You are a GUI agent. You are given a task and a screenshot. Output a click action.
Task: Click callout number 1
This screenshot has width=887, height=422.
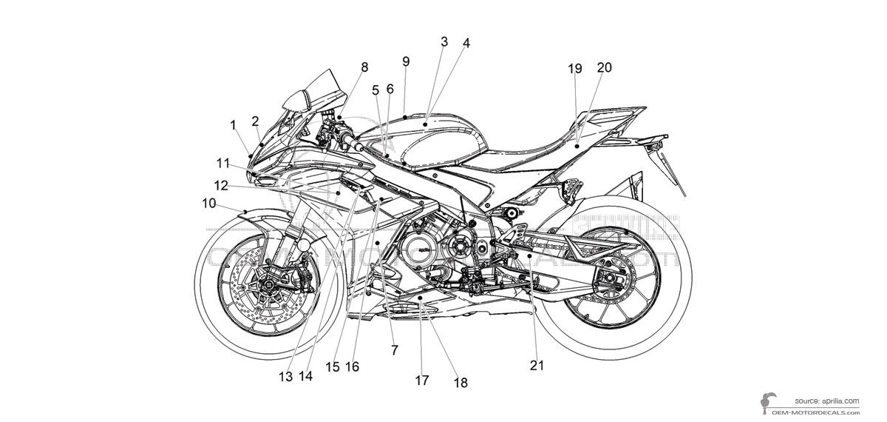tap(233, 125)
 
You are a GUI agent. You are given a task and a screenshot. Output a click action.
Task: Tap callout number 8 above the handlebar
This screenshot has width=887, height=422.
tap(364, 67)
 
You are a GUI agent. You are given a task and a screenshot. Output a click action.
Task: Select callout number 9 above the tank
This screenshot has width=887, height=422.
tap(406, 61)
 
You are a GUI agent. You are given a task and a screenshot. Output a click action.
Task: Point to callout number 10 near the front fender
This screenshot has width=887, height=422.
tap(208, 202)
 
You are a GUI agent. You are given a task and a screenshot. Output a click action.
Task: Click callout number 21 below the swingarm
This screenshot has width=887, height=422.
tap(536, 364)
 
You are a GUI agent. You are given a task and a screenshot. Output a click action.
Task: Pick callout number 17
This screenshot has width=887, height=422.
tap(421, 381)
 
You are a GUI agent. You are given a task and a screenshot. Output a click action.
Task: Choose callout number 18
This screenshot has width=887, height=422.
tap(461, 383)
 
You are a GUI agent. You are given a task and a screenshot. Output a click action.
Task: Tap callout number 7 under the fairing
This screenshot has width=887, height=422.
tap(394, 350)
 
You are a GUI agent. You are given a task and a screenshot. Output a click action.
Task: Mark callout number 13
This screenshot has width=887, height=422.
tap(286, 376)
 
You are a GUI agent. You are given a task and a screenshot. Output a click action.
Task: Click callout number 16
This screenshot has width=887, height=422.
tap(352, 366)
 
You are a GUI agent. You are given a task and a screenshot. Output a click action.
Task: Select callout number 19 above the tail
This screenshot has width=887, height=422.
tap(575, 69)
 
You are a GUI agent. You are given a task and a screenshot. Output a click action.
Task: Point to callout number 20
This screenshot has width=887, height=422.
tap(604, 67)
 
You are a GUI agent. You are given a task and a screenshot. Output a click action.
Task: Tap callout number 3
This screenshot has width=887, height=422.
tap(443, 42)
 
